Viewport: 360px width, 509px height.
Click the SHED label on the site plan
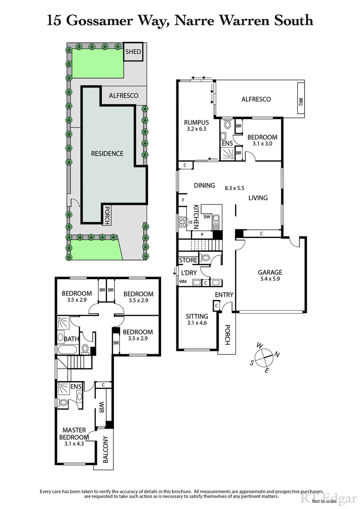pyautogui.click(x=133, y=52)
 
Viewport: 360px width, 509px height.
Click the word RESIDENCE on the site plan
pyautogui.click(x=107, y=153)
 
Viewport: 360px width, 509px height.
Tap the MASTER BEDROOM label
pyautogui.click(x=74, y=433)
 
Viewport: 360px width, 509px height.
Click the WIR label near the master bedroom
pyautogui.click(x=102, y=407)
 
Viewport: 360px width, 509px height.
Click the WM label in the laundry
pyautogui.click(x=183, y=282)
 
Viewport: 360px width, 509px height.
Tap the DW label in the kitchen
pyautogui.click(x=207, y=216)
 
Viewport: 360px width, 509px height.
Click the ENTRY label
pyautogui.click(x=224, y=295)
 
